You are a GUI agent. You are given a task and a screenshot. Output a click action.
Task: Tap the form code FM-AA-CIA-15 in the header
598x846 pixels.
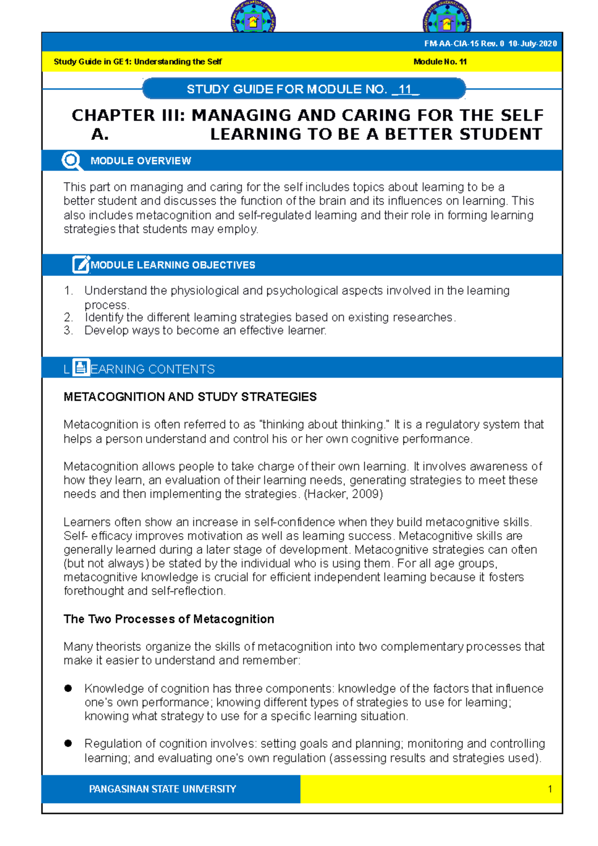point(451,44)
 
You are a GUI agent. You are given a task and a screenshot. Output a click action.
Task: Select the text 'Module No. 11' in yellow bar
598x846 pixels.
point(440,62)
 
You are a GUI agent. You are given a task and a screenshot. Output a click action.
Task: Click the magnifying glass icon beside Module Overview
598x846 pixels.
point(71,160)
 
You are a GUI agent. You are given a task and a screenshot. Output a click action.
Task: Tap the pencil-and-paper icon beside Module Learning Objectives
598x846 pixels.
point(81,265)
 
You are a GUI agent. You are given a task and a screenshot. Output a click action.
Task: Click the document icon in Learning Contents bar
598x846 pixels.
point(81,368)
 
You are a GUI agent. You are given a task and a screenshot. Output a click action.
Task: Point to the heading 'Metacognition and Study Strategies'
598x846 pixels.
point(190,397)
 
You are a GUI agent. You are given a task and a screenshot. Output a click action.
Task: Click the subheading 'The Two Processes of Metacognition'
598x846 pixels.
point(168,619)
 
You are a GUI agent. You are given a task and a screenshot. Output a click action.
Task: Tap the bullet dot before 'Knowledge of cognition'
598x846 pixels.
point(68,688)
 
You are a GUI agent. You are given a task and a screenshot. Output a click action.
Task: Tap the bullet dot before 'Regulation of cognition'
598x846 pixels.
point(68,743)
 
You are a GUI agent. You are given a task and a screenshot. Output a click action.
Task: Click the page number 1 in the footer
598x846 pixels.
point(550,789)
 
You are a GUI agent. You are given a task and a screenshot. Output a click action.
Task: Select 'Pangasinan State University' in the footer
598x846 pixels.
point(162,789)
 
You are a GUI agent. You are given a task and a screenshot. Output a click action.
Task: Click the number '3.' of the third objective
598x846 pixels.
point(68,330)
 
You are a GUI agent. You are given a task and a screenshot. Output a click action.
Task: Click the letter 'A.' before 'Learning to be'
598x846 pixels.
point(100,134)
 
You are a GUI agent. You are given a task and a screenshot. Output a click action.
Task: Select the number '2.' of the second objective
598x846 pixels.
point(68,317)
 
